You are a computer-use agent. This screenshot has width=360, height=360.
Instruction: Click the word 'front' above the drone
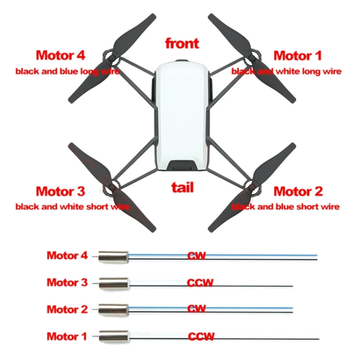click(182, 43)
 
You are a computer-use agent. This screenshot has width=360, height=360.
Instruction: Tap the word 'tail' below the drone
click(182, 187)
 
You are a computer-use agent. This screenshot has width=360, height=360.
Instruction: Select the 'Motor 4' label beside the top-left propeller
click(60, 55)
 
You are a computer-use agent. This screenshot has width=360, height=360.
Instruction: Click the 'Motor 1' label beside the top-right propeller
click(298, 55)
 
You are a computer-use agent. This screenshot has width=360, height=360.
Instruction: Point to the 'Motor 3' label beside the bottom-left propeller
click(60, 192)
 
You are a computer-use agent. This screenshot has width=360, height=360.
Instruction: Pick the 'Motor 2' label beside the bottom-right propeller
click(298, 192)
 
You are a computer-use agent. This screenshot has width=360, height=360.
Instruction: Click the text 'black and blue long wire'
click(67, 72)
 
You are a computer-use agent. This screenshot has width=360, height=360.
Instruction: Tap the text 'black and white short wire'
click(72, 207)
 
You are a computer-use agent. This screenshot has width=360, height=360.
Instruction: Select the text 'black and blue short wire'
click(286, 207)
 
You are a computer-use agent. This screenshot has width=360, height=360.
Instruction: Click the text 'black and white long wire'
click(287, 72)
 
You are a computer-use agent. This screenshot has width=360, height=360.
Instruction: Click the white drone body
click(182, 115)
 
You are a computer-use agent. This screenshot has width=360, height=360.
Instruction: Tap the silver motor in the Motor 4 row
click(113, 256)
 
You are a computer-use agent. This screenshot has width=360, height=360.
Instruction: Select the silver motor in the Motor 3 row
click(114, 283)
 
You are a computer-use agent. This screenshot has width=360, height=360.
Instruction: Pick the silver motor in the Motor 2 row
click(114, 309)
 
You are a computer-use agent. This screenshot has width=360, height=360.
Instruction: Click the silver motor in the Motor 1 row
click(114, 336)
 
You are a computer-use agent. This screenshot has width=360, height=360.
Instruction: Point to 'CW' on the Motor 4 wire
click(196, 256)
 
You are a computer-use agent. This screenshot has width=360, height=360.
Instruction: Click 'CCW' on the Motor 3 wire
click(201, 282)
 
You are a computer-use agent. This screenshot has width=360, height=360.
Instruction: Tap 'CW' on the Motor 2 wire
click(196, 309)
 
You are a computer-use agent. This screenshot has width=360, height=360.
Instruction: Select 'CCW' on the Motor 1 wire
click(201, 336)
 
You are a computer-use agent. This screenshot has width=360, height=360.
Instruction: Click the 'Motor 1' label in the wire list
click(67, 336)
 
